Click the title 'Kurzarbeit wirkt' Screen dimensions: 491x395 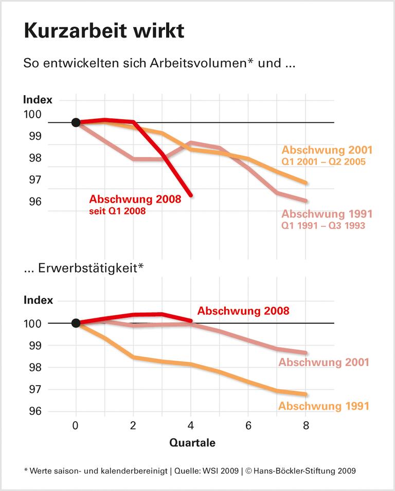point(104,31)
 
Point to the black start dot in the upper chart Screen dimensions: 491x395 point(76,122)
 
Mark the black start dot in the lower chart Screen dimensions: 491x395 point(76,323)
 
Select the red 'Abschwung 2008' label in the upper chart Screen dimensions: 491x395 point(135,199)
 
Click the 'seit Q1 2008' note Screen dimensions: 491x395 point(118,211)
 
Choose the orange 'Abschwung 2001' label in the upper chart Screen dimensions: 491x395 point(327,150)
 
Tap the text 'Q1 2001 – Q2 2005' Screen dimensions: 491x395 point(324,162)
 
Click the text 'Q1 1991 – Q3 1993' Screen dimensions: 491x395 point(324,226)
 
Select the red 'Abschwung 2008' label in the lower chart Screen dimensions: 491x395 point(243,311)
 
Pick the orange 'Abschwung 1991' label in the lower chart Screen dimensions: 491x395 point(324,406)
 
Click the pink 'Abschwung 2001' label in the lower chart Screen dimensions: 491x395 point(324,362)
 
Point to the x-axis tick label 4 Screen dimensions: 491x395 point(191,426)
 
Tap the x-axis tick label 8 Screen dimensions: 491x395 point(307,426)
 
